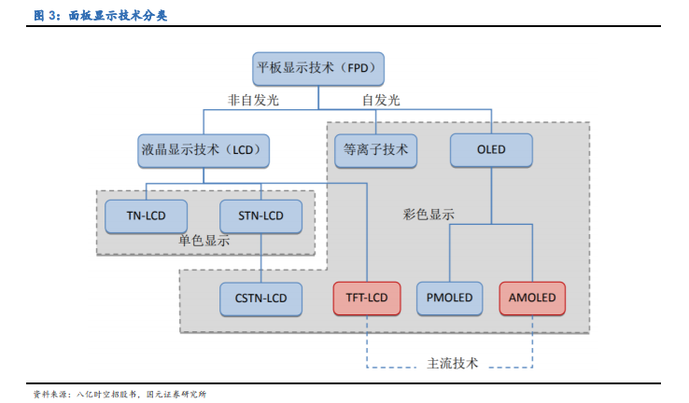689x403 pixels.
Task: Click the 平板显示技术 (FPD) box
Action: (x=318, y=69)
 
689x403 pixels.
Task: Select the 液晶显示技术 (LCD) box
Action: (x=204, y=151)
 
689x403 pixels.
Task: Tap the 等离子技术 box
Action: (x=375, y=151)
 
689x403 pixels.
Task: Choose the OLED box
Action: (x=491, y=150)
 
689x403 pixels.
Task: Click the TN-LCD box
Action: (x=146, y=216)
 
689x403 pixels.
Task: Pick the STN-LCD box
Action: (x=261, y=216)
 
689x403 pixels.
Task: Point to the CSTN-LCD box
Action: (x=261, y=299)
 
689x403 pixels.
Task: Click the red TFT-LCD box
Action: (x=367, y=299)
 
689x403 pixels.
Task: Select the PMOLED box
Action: (x=449, y=299)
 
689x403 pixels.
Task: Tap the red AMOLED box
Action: (x=532, y=299)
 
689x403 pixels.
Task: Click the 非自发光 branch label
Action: (x=253, y=100)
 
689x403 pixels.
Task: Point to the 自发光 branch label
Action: (x=381, y=100)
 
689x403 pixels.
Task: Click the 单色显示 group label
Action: (x=204, y=241)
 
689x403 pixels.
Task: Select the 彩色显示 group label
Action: (x=429, y=215)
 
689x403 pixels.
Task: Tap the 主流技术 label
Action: (x=452, y=364)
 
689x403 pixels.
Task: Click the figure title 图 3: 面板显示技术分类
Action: (x=100, y=16)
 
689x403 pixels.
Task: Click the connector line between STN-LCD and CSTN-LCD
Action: (x=261, y=258)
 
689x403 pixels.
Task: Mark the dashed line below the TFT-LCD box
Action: (x=367, y=341)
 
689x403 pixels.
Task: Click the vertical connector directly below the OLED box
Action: (x=491, y=196)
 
